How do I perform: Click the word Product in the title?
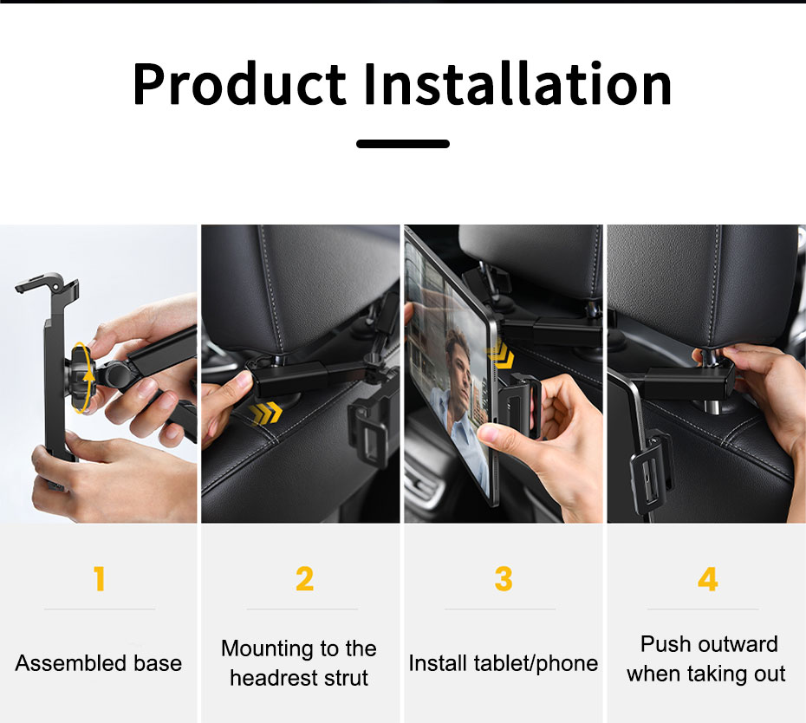[239, 84]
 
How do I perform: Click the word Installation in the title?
[517, 83]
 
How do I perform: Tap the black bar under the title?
[403, 144]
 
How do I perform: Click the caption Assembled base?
[99, 663]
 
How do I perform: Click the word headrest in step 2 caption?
[270, 678]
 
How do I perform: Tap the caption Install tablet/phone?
[504, 663]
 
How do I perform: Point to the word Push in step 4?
[660, 644]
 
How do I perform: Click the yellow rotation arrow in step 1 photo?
[83, 377]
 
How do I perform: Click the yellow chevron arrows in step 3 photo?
[500, 355]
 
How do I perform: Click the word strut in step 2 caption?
[343, 678]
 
